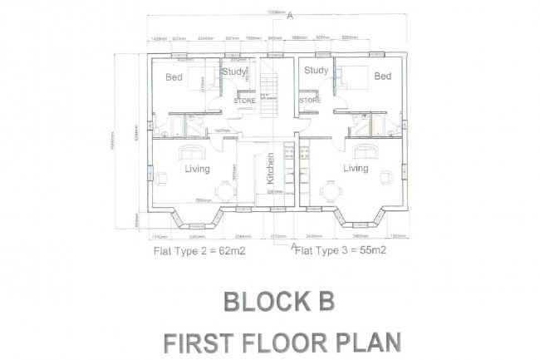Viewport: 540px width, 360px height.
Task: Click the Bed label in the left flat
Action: pos(174,77)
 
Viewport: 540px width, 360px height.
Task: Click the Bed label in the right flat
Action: pos(382,76)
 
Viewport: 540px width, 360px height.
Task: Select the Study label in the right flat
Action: pos(316,71)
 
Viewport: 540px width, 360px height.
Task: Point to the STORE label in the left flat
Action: pos(244,101)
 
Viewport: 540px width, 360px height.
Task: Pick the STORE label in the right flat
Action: pos(310,101)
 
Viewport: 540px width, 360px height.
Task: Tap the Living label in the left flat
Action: pos(197,169)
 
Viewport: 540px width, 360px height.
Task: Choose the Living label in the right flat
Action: pos(356,169)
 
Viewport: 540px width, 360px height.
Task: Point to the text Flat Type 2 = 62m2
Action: pos(197,249)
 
